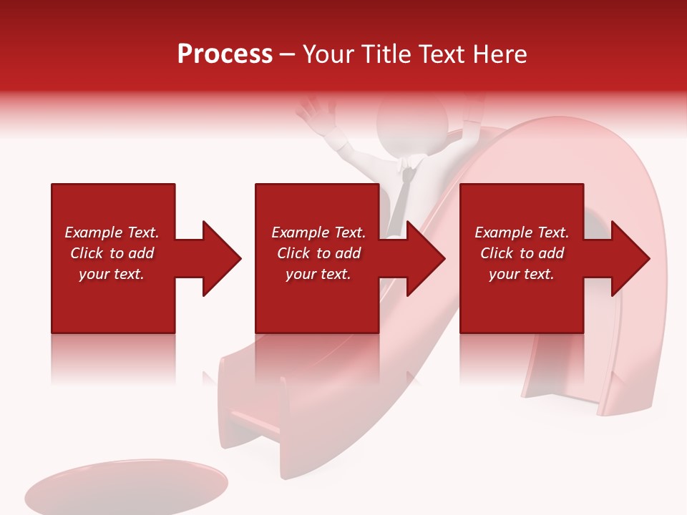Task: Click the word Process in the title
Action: pos(225,54)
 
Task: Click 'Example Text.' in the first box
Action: pos(112,232)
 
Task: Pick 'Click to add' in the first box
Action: pos(112,253)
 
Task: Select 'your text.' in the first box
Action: pos(112,274)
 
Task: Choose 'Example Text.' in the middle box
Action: pos(318,232)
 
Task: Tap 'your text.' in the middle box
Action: pos(318,274)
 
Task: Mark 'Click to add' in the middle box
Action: pos(318,253)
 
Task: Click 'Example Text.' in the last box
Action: pos(522,232)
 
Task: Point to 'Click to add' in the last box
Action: pos(522,253)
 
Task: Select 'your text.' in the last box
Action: pos(522,274)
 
